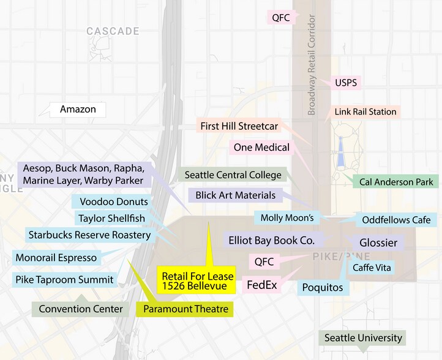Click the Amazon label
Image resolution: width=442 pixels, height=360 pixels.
click(78, 110)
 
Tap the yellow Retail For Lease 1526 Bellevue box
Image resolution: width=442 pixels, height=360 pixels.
click(195, 280)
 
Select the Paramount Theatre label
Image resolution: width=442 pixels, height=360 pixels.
click(185, 309)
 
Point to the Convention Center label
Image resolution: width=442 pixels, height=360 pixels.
click(80, 309)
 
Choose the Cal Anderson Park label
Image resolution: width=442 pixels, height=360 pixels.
click(396, 182)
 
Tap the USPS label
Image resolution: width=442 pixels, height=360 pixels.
click(346, 83)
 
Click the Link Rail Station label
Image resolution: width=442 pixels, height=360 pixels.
click(365, 111)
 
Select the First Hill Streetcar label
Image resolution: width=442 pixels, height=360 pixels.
click(239, 127)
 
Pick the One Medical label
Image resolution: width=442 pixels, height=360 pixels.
click(261, 148)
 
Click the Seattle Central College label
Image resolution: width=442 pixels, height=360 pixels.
click(233, 175)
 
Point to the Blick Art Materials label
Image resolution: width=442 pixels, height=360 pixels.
click(235, 196)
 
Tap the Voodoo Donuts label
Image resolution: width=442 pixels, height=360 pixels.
click(114, 201)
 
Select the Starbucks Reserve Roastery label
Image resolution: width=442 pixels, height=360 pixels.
click(89, 234)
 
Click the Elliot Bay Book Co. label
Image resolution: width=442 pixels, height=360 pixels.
click(271, 241)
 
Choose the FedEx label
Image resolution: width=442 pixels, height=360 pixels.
click(261, 285)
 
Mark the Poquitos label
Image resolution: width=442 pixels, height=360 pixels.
click(323, 287)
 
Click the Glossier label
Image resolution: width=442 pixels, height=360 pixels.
click(378, 242)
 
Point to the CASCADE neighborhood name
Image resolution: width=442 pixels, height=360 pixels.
click(113, 31)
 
